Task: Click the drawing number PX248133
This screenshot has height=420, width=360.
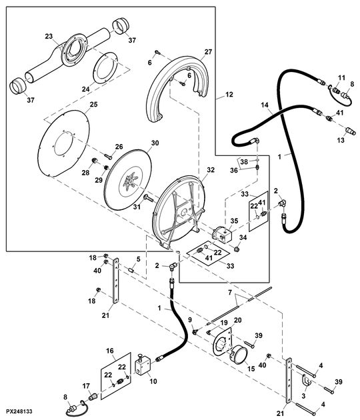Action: [19, 411]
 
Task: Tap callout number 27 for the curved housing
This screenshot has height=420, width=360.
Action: [208, 52]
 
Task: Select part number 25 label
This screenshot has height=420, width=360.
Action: [94, 105]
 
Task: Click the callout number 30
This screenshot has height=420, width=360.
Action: [155, 143]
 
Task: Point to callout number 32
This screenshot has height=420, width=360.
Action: [211, 170]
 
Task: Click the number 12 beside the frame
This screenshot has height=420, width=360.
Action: [229, 95]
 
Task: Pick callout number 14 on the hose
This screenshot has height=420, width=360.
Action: [265, 105]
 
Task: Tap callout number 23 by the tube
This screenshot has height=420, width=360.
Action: [49, 36]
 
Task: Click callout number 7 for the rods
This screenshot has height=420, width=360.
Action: [230, 293]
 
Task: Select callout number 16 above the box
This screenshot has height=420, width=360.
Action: [110, 351]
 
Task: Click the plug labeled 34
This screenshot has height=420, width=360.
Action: [236, 249]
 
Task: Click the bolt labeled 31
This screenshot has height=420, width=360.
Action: [147, 199]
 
